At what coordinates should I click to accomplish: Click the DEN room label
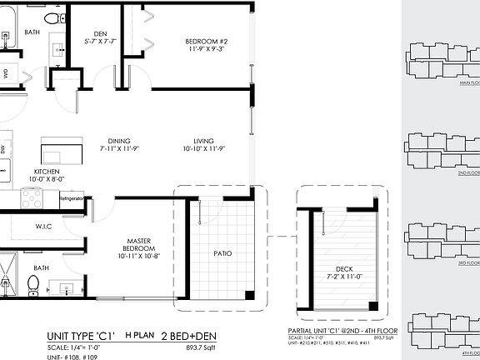(100, 34)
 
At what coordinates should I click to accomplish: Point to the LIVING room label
(204, 141)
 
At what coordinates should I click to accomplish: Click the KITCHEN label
(47, 170)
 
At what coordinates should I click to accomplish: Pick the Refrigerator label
(71, 199)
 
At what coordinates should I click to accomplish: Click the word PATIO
(222, 253)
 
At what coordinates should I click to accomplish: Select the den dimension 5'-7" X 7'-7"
(100, 42)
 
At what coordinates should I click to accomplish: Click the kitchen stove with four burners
(31, 197)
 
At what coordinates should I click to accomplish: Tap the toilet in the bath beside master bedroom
(33, 284)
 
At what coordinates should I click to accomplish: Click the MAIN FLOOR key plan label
(466, 83)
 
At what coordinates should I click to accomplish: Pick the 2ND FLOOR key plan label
(467, 172)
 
